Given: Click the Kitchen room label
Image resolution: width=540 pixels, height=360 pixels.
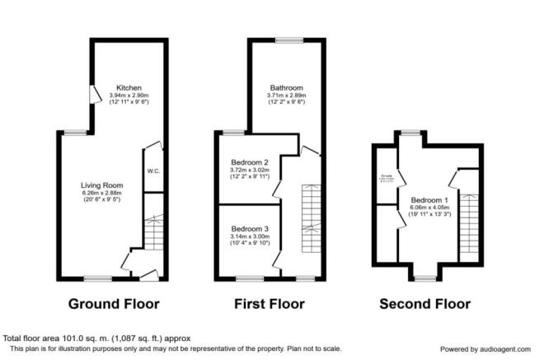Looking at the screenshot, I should click(129, 87).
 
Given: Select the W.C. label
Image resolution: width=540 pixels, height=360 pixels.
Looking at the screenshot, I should click(153, 171).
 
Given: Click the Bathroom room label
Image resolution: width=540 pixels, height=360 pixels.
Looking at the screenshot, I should click(287, 87).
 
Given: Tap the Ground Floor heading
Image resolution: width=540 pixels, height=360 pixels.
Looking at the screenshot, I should click(114, 304).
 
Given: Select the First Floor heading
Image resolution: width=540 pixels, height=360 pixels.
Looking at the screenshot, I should click(269, 304).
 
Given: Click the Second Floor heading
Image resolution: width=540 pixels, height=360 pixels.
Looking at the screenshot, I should click(425, 304).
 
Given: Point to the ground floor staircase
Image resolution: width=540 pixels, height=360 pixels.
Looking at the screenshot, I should click(154, 232).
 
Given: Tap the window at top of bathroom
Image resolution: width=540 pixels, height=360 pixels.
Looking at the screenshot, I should click(289, 40).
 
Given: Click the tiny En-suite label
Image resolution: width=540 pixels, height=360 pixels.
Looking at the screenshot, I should click(385, 175).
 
